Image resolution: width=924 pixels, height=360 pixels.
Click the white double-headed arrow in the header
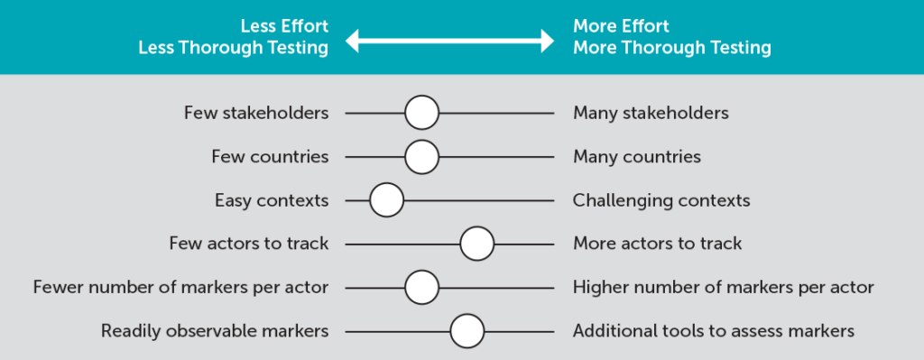click(450, 40)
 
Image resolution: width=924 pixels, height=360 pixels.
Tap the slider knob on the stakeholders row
click(421, 114)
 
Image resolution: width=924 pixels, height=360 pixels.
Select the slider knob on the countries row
click(421, 157)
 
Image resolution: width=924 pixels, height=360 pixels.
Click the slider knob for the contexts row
click(387, 200)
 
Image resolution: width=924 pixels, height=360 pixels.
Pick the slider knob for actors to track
click(476, 244)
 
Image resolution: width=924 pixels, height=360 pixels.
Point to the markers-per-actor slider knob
click(421, 288)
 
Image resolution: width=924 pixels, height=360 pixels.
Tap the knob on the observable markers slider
click(467, 331)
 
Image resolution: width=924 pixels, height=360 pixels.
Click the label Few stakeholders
click(256, 114)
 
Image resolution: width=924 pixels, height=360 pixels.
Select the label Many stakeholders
click(651, 114)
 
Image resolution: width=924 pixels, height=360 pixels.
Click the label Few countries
click(270, 157)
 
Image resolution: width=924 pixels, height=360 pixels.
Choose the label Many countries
click(636, 157)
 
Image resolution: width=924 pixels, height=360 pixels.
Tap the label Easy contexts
click(272, 200)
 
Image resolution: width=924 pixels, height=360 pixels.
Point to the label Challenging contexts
click(661, 200)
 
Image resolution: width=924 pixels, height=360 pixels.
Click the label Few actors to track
click(249, 244)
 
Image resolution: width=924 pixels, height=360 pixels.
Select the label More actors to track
click(657, 244)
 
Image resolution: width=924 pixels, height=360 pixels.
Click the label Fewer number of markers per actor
click(180, 288)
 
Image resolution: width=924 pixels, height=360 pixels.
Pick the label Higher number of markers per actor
click(723, 288)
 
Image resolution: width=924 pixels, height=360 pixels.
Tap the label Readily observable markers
click(215, 331)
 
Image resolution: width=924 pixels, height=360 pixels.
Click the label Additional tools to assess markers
click(713, 331)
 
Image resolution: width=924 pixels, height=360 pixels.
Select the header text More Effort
click(621, 26)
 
